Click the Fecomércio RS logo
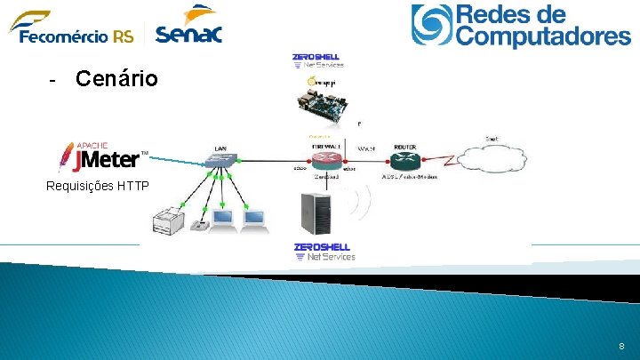pyautogui.click(x=71, y=27)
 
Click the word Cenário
pyautogui.click(x=116, y=79)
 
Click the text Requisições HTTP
pyautogui.click(x=98, y=187)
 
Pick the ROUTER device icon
pyautogui.click(x=404, y=160)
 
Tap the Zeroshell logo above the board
pyautogui.click(x=316, y=60)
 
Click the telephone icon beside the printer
pyautogui.click(x=198, y=225)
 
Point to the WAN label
pyautogui.click(x=366, y=148)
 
